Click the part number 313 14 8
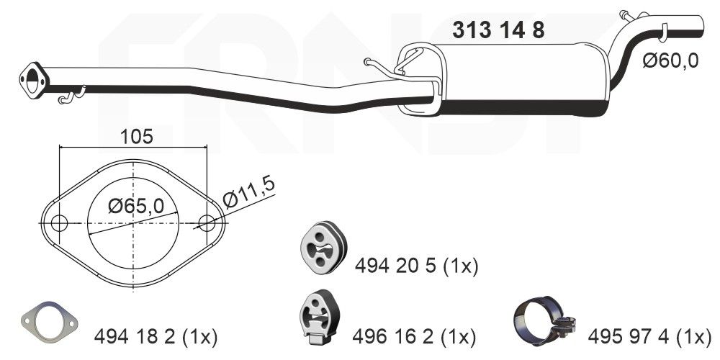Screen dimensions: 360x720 coord(498,30)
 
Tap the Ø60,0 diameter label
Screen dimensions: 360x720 coord(670,61)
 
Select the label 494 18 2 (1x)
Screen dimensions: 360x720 coord(156,336)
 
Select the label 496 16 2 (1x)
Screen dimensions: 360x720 coord(414,336)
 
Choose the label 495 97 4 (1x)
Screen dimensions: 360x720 coord(649,336)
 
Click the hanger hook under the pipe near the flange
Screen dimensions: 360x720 coord(72,94)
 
